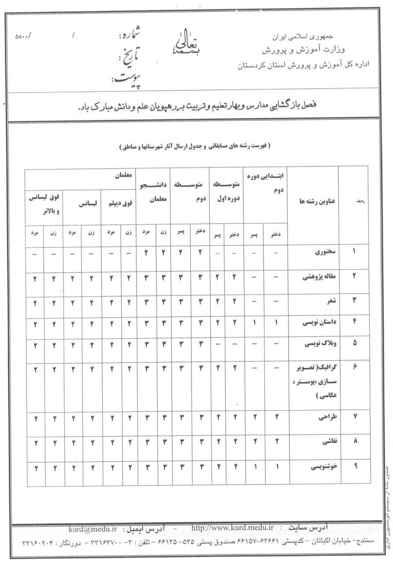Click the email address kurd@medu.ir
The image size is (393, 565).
[x=93, y=529]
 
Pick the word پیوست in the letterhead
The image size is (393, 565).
[x=126, y=79]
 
